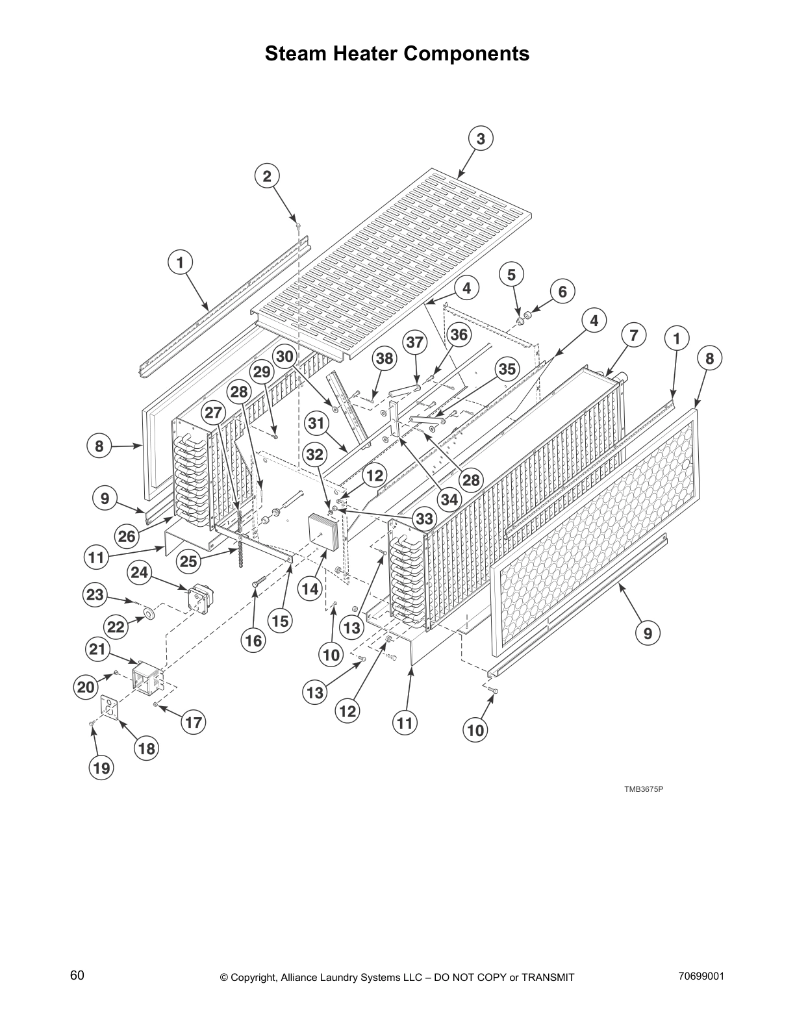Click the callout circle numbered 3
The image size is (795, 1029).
coord(480,138)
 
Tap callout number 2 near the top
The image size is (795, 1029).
coord(266,176)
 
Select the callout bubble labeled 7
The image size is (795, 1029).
coord(633,335)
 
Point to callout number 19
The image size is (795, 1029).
coord(101,768)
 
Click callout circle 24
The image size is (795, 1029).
coord(140,572)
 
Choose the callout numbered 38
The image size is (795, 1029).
coord(385,358)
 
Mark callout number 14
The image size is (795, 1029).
coord(310,589)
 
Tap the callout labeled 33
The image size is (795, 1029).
coord(424,519)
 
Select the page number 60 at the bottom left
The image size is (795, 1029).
coord(77,975)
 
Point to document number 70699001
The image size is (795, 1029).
coord(701,976)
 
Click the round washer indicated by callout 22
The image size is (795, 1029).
coord(149,613)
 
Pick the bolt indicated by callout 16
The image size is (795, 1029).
coord(259,580)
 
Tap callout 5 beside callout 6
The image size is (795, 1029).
coord(511,274)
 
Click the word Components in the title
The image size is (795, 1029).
coord(454,53)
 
